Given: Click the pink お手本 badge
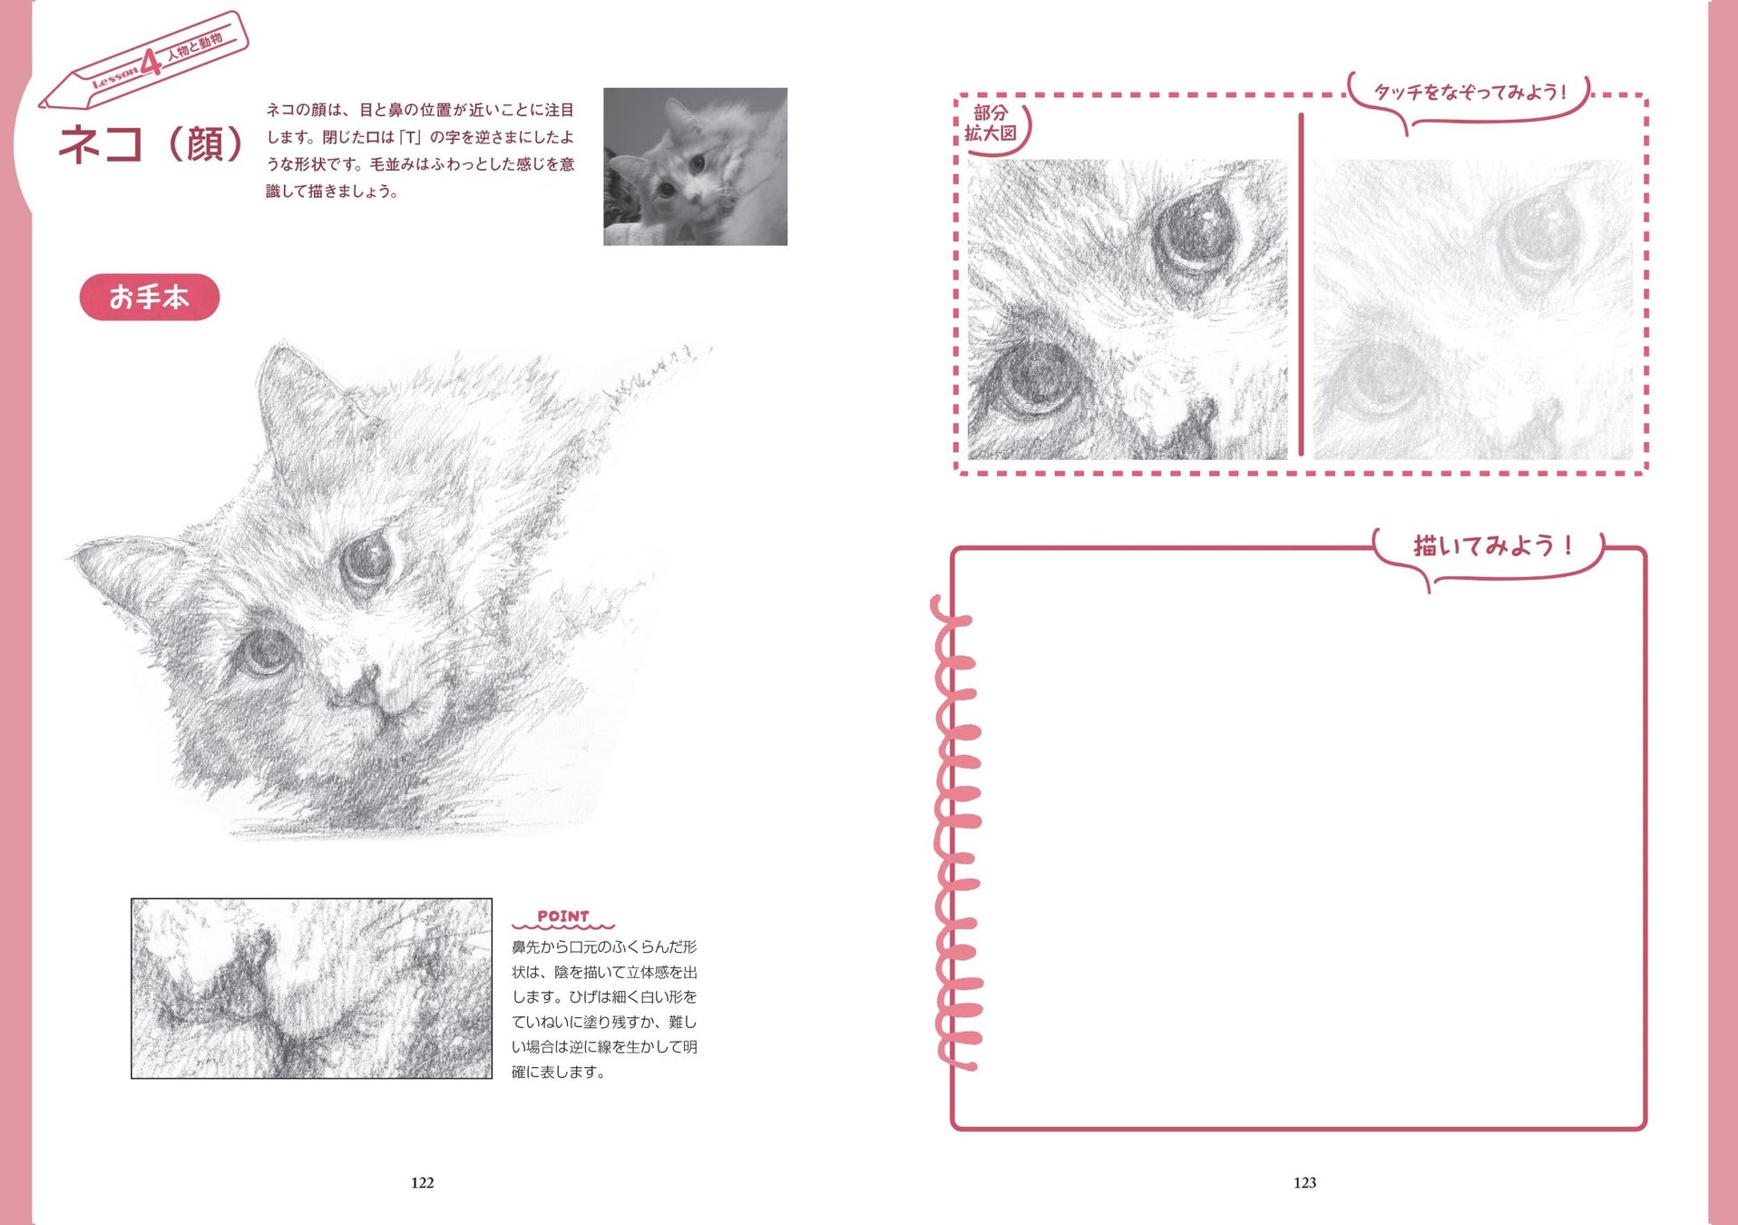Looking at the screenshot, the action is click(x=150, y=297).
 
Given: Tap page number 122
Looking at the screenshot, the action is click(x=423, y=1182).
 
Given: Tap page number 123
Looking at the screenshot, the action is click(x=1304, y=1182).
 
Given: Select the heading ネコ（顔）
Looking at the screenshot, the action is click(x=151, y=143).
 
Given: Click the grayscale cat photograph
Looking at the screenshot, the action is click(x=695, y=166).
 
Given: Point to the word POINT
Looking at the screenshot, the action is click(x=563, y=916).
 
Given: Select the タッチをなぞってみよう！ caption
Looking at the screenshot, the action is click(x=1470, y=92).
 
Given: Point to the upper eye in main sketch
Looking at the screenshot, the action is click(x=367, y=560).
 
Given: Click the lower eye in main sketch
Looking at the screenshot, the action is click(x=264, y=652).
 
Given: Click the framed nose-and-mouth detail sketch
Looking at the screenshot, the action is click(x=312, y=988).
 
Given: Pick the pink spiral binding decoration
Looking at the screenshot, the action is click(x=957, y=830).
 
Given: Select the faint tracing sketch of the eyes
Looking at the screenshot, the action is click(x=1472, y=309).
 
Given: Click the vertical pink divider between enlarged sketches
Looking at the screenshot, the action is click(x=1301, y=284).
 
